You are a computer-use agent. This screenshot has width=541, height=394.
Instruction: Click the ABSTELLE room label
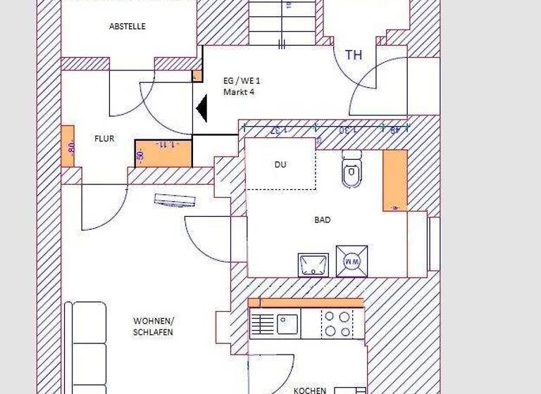pos(128,26)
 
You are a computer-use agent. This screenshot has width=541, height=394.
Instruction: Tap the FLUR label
pos(104,139)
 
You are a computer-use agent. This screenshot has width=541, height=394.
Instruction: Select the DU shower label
pos(280,165)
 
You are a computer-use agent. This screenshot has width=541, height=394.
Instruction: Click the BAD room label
pos(323,220)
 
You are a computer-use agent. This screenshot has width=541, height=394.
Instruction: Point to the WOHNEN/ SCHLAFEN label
pos(153,326)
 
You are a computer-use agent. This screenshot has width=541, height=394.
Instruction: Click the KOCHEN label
pos(310,390)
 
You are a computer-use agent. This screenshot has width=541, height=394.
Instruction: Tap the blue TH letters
pos(354,55)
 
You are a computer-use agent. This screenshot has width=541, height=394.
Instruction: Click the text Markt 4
pos(238,92)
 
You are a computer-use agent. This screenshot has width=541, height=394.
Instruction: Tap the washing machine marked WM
pos(352,260)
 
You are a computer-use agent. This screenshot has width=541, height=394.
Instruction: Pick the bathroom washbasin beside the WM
pos(313,265)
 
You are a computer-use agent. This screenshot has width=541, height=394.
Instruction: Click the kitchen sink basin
pos(287,324)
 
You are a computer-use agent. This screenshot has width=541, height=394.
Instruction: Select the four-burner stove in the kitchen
pos(336,324)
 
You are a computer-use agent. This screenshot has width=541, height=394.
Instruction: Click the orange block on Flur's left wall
pos(68,146)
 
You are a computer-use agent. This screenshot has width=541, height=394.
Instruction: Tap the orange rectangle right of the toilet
pos(395,180)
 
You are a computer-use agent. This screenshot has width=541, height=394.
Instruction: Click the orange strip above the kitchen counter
pos(306,303)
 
